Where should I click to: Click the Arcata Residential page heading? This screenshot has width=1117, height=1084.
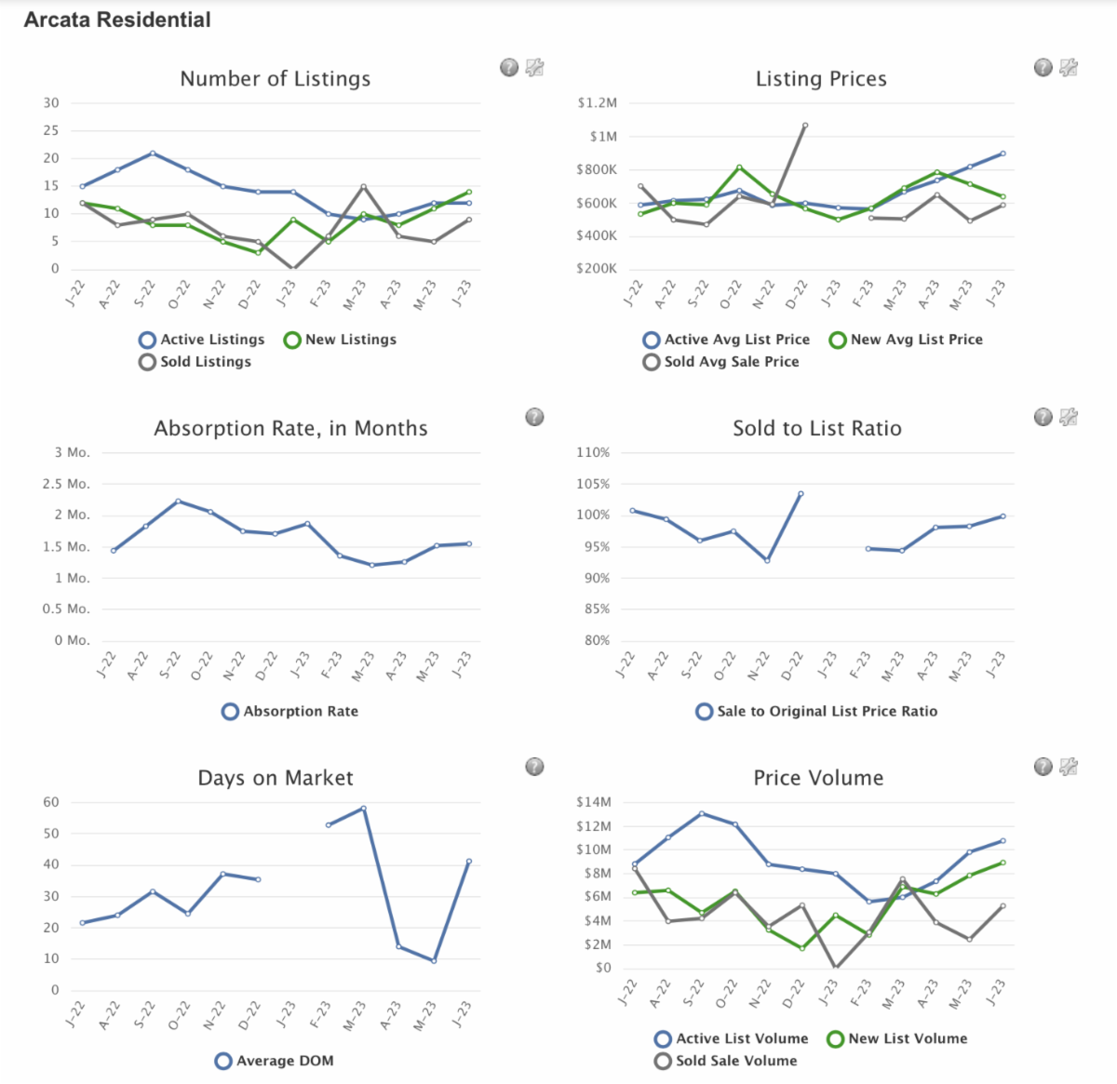click(117, 20)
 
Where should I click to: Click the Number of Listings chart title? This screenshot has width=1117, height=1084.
click(275, 79)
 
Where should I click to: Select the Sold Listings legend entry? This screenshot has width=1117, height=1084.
click(195, 362)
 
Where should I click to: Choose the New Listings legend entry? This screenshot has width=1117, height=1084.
click(341, 340)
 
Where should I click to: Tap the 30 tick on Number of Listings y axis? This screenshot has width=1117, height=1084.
click(51, 103)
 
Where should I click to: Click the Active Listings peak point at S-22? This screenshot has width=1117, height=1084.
click(153, 153)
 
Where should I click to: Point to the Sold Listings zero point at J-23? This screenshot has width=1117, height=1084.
click(293, 269)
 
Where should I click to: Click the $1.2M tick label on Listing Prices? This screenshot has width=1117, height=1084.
click(597, 103)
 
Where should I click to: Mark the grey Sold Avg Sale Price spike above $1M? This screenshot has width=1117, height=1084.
click(805, 125)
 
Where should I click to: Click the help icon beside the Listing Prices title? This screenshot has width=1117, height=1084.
click(1043, 67)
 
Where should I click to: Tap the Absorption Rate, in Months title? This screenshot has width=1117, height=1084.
click(290, 429)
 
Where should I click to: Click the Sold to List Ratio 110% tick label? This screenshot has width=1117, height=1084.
click(593, 453)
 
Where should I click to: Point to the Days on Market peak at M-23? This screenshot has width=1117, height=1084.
click(363, 808)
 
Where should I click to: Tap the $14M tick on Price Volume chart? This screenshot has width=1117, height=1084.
click(594, 802)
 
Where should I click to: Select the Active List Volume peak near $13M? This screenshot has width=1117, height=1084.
click(702, 813)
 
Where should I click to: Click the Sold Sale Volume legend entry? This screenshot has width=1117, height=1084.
click(726, 1061)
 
